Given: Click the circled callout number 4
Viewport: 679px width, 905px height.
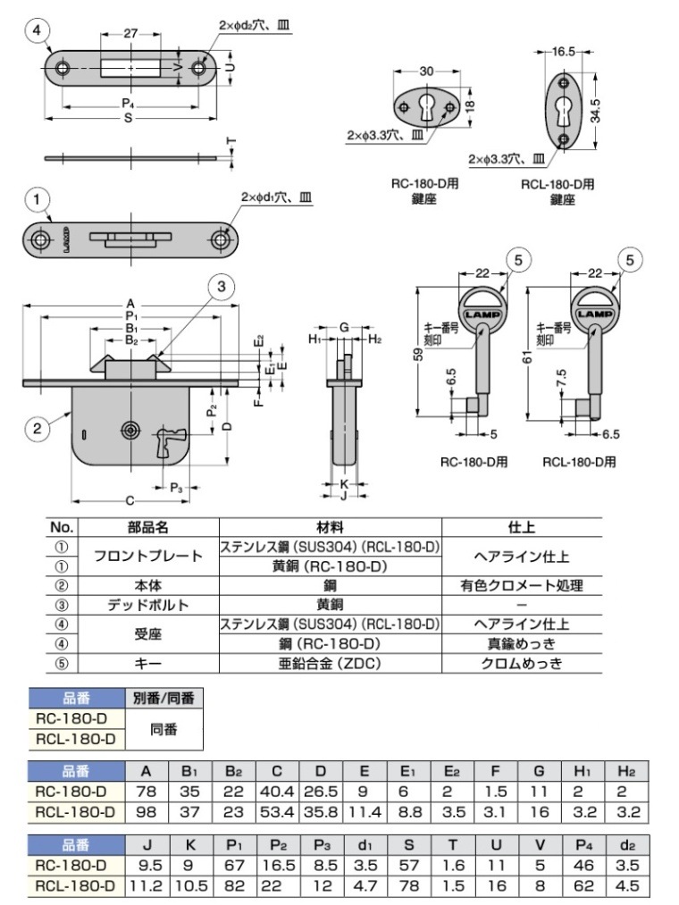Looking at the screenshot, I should tap(37, 31).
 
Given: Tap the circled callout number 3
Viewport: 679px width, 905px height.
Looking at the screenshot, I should tap(222, 286).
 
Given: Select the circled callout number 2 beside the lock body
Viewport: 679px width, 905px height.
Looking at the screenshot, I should tap(37, 429).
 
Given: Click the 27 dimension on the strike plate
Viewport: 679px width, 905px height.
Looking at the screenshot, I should tap(130, 33).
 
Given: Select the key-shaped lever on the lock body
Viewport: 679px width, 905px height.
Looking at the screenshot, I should tap(167, 442).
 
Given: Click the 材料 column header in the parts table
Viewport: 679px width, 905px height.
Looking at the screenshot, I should tap(330, 528).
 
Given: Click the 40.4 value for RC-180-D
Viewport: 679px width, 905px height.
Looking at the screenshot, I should tap(277, 792).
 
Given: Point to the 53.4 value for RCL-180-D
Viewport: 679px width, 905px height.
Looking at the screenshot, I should tap(277, 813).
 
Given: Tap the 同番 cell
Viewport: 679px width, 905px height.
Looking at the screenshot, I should tap(163, 729).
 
